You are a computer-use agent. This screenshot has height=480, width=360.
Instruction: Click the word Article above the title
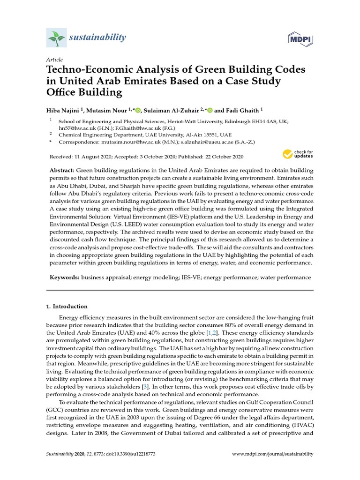[54, 60]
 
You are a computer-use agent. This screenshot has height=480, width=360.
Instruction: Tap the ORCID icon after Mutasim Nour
[137, 110]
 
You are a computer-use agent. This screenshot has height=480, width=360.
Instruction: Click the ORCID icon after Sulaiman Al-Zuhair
[210, 110]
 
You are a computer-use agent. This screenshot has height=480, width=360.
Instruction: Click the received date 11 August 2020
[96, 156]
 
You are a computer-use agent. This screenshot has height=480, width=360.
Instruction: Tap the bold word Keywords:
[64, 277]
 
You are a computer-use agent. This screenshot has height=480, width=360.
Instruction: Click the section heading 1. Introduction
[67, 307]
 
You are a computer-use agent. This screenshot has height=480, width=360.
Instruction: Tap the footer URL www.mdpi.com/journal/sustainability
[273, 454]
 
